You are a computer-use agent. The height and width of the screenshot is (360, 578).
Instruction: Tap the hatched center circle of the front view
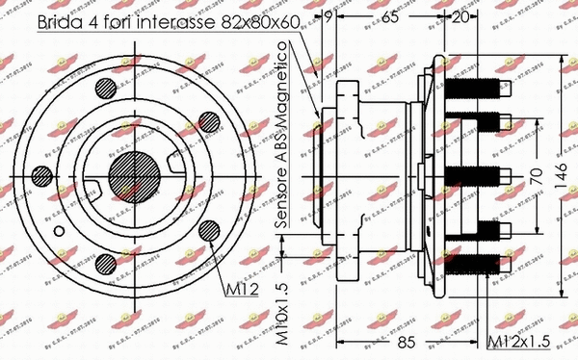(135, 176)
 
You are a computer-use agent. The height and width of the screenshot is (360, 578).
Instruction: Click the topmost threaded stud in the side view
(477, 94)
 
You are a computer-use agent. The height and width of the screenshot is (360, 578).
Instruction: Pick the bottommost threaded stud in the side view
(477, 260)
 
